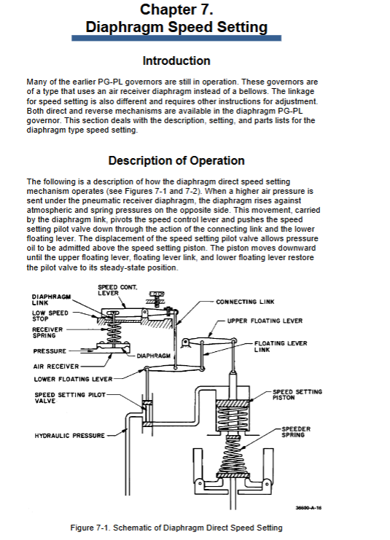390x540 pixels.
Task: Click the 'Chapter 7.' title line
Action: [176, 9]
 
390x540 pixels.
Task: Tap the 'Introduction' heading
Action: [176, 60]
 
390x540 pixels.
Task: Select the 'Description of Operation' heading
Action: [176, 160]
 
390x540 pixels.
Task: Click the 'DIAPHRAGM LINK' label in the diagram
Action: [51, 300]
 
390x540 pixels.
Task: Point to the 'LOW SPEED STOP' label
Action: [50, 316]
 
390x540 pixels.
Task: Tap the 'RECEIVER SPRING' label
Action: [47, 332]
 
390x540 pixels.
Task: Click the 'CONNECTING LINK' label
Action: [245, 302]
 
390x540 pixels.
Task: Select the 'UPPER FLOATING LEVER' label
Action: [265, 321]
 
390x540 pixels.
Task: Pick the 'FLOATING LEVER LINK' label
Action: [281, 346]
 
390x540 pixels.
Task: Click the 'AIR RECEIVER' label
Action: [56, 367]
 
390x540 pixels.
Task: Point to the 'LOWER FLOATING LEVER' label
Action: [73, 379]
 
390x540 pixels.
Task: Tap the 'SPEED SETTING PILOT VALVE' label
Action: [70, 398]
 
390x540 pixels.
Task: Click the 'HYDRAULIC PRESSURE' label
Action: [69, 436]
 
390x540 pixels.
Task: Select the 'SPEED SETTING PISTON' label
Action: [297, 395]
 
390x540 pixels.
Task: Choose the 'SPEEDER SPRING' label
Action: [296, 432]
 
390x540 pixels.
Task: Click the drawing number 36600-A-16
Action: [308, 508]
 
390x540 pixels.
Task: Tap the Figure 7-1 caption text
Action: [176, 528]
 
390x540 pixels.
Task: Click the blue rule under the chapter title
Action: [176, 38]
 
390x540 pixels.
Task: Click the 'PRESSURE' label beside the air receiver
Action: [50, 351]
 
